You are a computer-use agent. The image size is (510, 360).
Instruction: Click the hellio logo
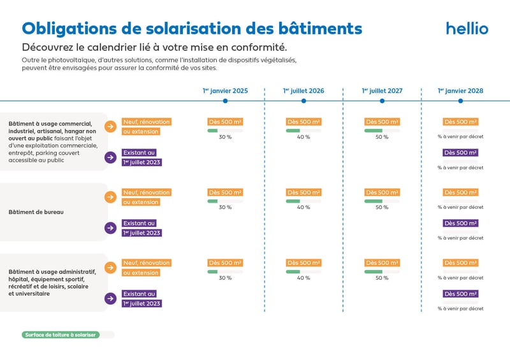(x=467, y=29)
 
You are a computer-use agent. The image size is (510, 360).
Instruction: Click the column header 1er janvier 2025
(x=225, y=90)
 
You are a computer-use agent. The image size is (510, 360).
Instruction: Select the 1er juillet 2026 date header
(x=303, y=90)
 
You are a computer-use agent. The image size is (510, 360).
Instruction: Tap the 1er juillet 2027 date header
(x=382, y=90)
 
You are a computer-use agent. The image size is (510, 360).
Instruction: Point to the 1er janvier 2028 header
(x=460, y=90)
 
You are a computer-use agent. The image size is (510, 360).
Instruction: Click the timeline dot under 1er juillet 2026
(x=303, y=101)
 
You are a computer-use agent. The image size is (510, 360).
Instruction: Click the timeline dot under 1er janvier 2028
(x=460, y=101)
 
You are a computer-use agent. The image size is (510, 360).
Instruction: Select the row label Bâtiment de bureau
(x=36, y=212)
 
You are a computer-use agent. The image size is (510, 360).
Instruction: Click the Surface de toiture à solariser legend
(x=61, y=335)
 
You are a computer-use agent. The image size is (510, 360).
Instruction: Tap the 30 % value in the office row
(x=225, y=207)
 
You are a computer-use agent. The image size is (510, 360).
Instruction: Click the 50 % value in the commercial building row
(x=382, y=137)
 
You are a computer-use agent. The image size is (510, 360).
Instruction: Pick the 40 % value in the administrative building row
(x=303, y=278)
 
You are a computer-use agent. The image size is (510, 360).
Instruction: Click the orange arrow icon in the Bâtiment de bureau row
(x=111, y=197)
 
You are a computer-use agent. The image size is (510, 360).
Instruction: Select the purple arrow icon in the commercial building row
(x=111, y=157)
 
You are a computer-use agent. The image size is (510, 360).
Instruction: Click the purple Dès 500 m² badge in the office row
(x=460, y=224)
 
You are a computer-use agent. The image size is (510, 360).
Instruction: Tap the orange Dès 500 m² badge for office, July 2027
(x=382, y=192)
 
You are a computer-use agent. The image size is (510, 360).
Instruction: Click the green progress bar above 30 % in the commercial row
(x=213, y=130)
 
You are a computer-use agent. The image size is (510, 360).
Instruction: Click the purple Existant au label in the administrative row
(x=140, y=294)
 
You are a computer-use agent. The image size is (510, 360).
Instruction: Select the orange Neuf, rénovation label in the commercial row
(x=147, y=122)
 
